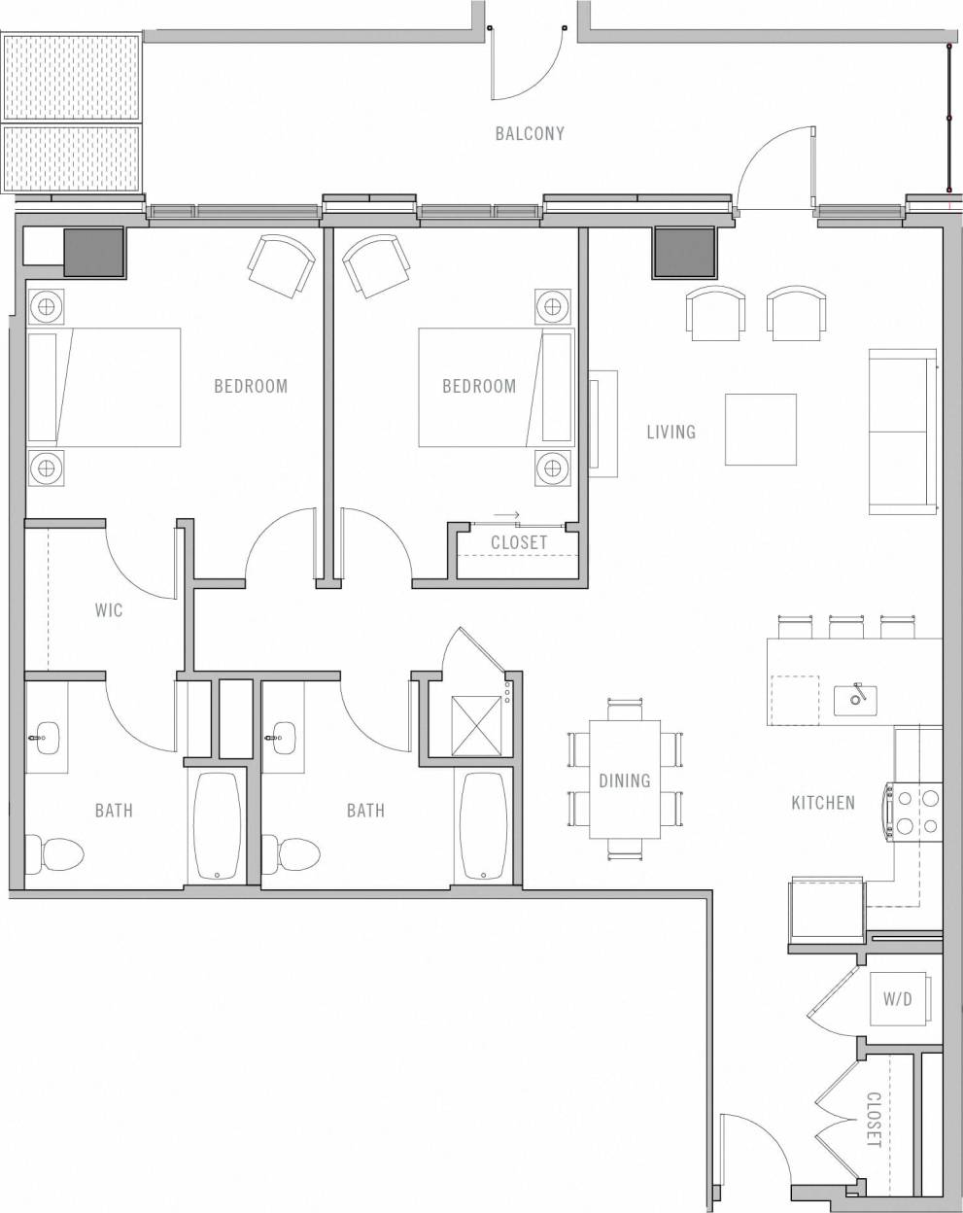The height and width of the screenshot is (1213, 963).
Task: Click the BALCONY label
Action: [x=529, y=133]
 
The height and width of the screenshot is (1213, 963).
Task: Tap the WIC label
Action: [x=109, y=611]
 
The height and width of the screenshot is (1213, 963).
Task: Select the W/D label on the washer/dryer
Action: [x=897, y=999]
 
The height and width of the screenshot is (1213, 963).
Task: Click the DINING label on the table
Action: [x=624, y=780]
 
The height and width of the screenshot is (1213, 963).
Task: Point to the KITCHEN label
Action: [x=823, y=803]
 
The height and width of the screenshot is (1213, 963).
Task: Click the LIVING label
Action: [x=671, y=431]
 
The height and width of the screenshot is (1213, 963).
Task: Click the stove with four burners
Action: [x=914, y=813]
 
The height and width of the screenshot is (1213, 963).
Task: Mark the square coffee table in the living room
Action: [x=761, y=429]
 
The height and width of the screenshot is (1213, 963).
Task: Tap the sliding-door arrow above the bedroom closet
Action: [x=506, y=515]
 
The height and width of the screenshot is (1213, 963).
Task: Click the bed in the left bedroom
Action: [x=105, y=387]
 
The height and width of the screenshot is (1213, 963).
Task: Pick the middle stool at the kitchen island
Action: [x=846, y=626]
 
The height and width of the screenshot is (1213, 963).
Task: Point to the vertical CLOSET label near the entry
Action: [x=873, y=1120]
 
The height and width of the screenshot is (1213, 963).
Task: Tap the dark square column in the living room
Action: [x=683, y=251]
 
